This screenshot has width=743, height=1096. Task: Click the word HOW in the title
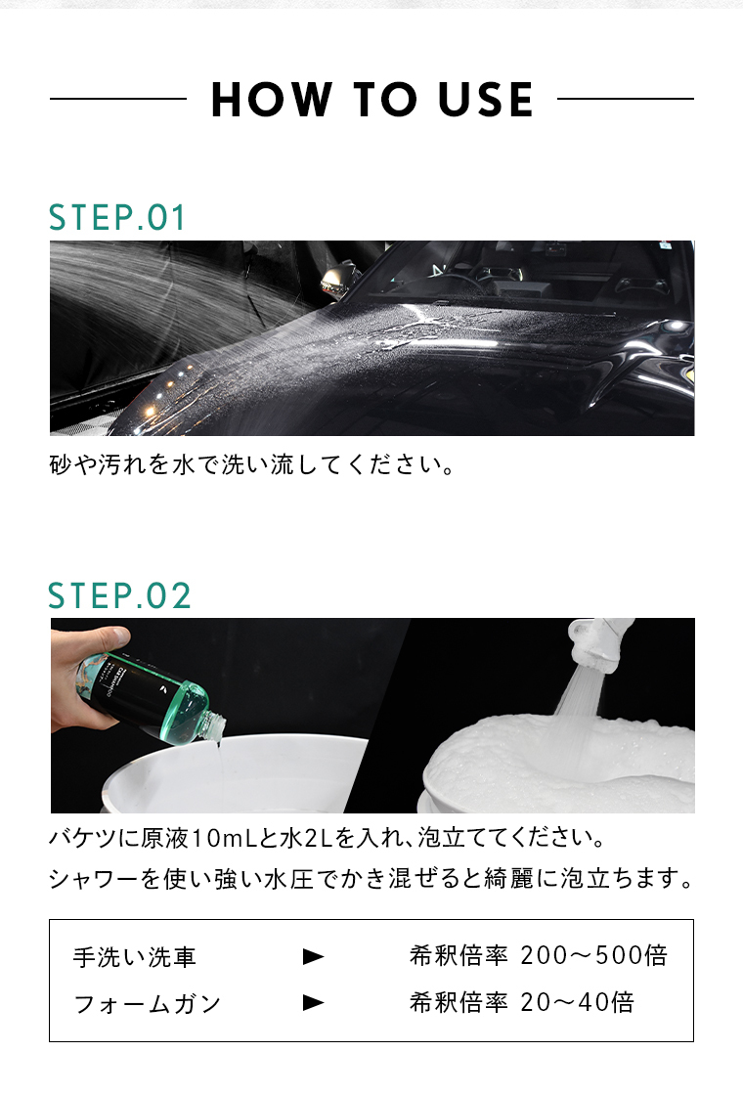[271, 100]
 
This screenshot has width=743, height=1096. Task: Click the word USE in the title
[486, 100]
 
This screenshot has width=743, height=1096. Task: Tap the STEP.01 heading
[117, 217]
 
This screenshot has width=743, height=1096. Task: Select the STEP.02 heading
[119, 595]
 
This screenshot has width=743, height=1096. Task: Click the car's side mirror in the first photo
[336, 276]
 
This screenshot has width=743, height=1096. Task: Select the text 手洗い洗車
[134, 957]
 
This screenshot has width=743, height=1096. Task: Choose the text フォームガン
[148, 1004]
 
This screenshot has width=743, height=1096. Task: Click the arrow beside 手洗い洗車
[313, 956]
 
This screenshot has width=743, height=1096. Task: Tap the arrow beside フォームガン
[313, 1003]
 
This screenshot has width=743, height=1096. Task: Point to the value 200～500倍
[594, 955]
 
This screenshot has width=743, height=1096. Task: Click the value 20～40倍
[578, 1002]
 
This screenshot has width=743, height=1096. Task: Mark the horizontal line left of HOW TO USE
[118, 99]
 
